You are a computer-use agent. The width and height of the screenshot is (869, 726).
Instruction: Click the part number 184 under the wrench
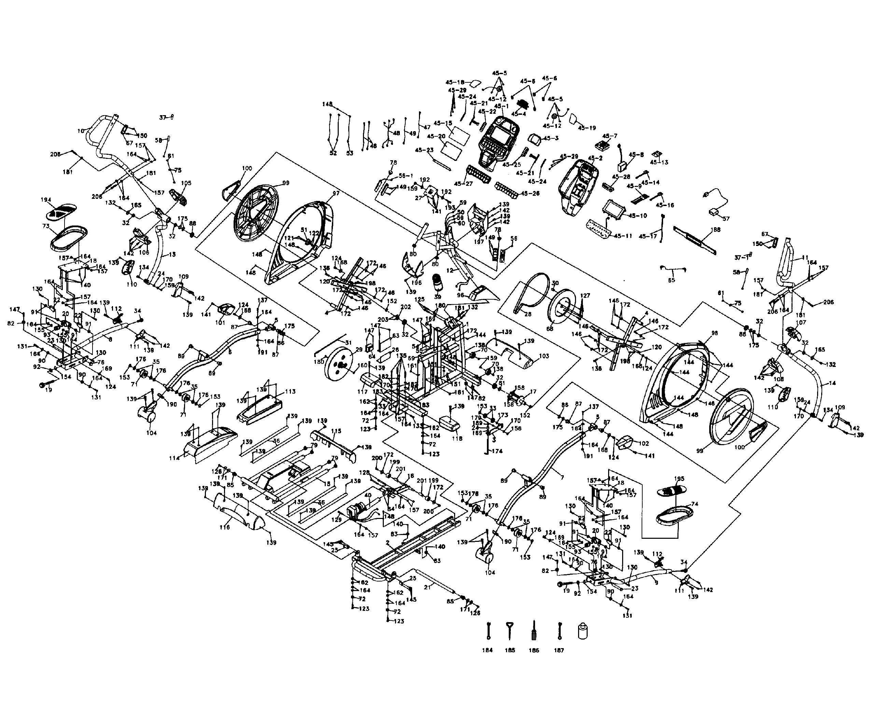(x=487, y=650)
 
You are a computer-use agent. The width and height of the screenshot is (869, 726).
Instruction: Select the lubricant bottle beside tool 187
(x=583, y=631)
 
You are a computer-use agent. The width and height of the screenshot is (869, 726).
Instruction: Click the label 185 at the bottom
(x=510, y=650)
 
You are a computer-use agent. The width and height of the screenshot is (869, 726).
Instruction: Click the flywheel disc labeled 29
(x=338, y=365)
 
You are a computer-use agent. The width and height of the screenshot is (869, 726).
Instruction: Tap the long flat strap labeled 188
(x=695, y=240)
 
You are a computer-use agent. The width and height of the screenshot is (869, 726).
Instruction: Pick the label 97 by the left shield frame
(x=336, y=193)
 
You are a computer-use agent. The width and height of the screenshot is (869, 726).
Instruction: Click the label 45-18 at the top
(x=455, y=82)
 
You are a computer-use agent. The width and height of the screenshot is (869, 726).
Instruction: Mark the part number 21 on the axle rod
(x=428, y=586)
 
